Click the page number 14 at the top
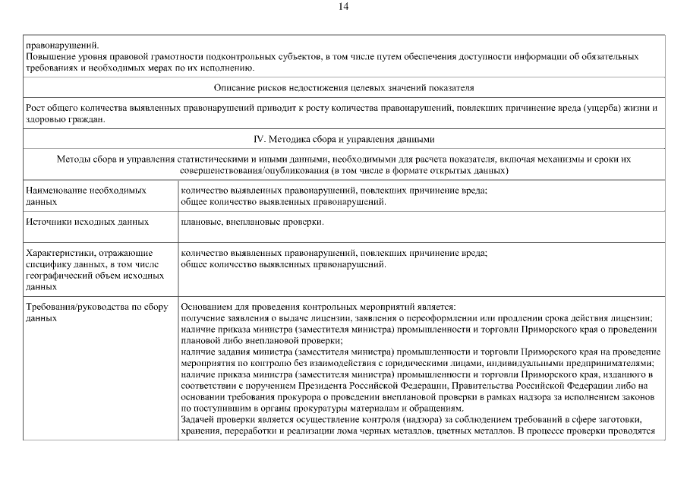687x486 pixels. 343,7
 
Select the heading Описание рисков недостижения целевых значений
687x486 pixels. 344,87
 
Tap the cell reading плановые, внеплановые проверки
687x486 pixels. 253,222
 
